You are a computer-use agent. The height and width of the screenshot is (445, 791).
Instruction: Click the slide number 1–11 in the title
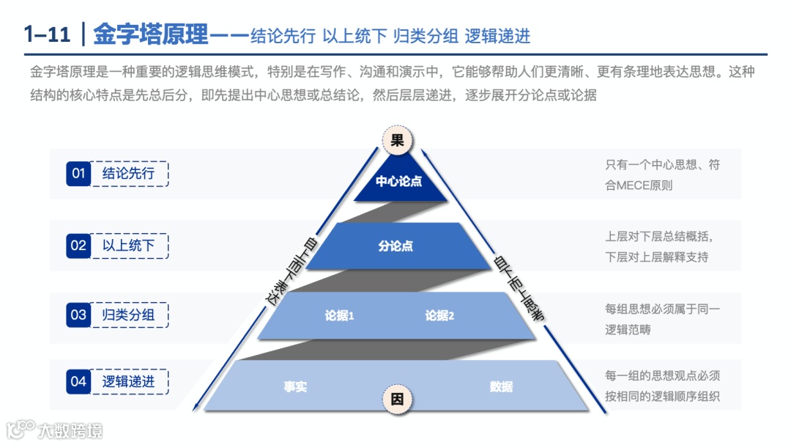click(x=48, y=34)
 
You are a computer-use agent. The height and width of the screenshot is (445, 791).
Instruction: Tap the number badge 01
click(x=78, y=174)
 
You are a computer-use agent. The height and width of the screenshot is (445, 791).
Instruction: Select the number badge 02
click(x=78, y=246)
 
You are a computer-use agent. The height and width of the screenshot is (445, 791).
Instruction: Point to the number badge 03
click(x=78, y=315)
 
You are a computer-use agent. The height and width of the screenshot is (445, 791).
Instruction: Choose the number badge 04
click(x=78, y=381)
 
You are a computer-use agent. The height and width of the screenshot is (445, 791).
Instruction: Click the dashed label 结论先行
click(x=129, y=174)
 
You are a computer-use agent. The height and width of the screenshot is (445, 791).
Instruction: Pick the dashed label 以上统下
click(x=129, y=246)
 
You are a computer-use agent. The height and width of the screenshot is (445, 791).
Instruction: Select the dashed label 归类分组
click(x=129, y=315)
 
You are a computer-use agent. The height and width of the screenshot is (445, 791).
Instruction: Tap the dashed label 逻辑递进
click(x=129, y=381)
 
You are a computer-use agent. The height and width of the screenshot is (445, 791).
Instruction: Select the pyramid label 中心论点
click(x=399, y=181)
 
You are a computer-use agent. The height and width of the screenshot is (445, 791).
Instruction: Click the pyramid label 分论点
click(x=395, y=246)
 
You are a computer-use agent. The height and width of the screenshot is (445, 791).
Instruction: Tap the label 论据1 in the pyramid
click(x=340, y=316)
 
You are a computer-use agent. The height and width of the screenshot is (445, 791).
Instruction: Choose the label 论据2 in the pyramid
click(x=440, y=316)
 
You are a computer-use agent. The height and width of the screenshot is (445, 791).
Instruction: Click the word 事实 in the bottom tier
click(x=295, y=386)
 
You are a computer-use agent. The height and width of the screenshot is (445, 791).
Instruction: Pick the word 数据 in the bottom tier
click(x=502, y=386)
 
